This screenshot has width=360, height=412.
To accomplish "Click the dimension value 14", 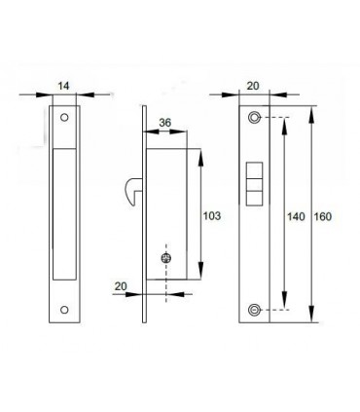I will point(64,86).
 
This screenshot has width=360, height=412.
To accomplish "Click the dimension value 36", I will point(164,123).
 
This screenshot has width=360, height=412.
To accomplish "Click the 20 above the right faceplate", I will point(254,86).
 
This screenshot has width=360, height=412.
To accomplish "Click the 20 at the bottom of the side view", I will point(121,286).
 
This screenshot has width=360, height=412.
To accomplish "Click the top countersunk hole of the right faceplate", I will point(254,118).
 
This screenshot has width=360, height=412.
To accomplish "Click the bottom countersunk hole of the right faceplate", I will point(254,310).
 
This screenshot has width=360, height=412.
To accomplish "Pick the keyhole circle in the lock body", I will point(165,258).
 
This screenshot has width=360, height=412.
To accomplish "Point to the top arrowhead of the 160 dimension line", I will point(311,110).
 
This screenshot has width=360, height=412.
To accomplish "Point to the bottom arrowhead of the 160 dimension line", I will point(311,318).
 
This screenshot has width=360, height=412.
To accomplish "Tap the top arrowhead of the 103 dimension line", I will point(202,154).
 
